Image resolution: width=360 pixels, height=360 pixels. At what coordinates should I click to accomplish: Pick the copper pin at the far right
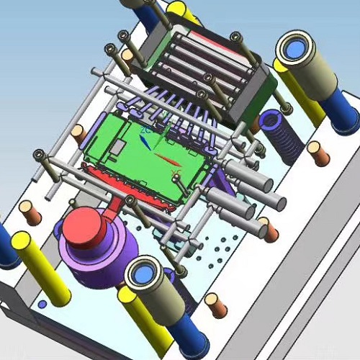[x=318, y=153]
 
